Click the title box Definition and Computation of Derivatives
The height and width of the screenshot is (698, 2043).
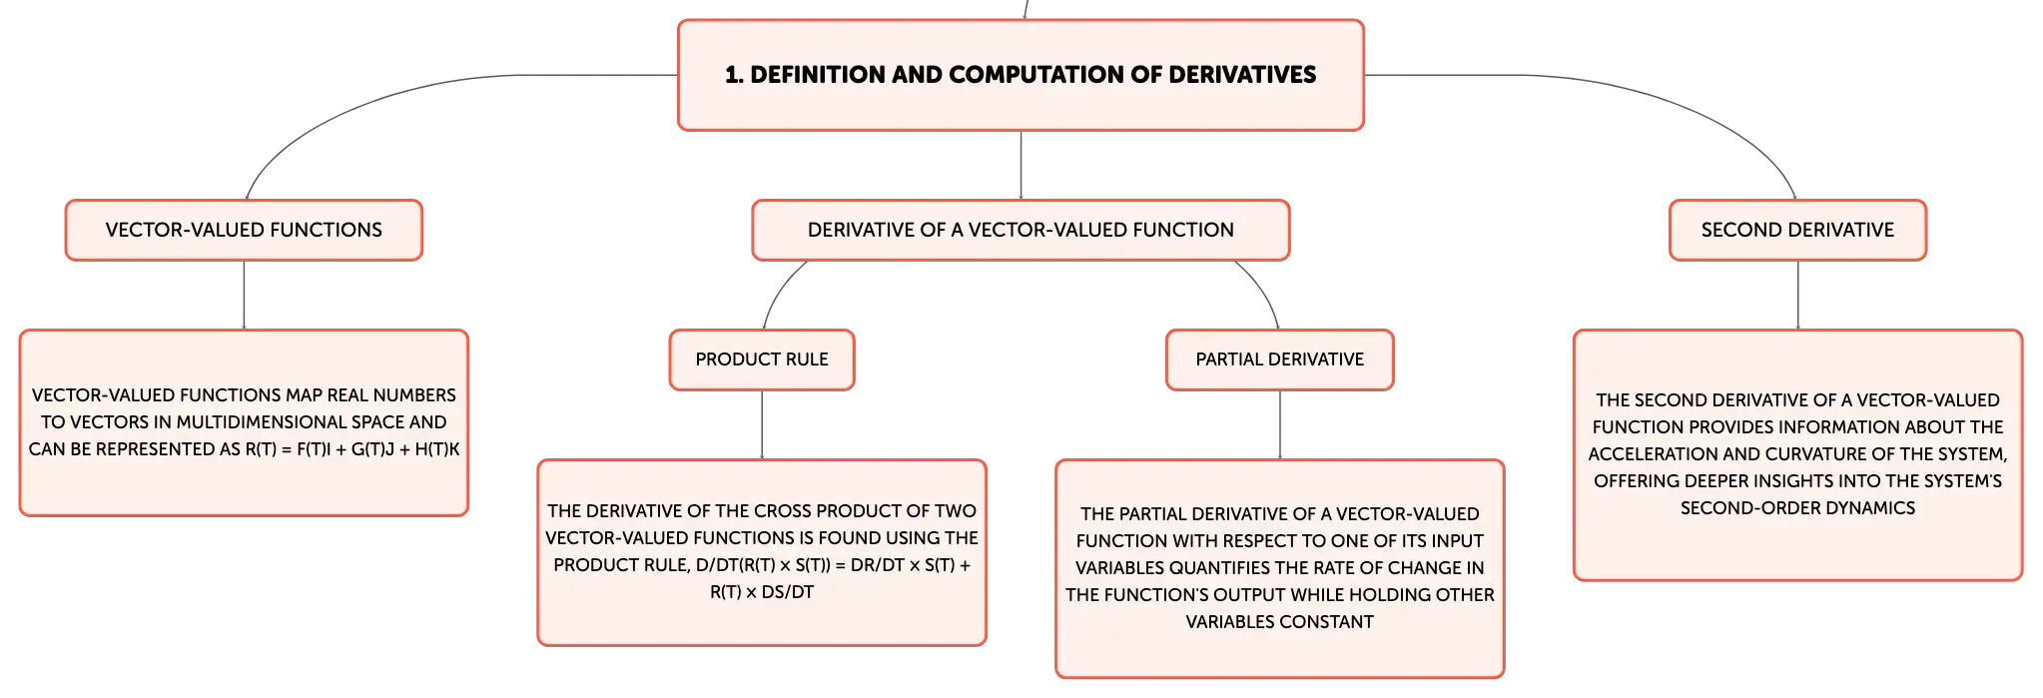[x=1021, y=75]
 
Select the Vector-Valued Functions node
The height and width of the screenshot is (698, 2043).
[x=244, y=230]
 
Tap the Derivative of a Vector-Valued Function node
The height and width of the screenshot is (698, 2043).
[x=1021, y=230]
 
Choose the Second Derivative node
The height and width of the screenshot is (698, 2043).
[x=1797, y=230]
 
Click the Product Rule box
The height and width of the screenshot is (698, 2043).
[x=762, y=359]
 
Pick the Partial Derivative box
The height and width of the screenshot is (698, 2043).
[x=1279, y=359]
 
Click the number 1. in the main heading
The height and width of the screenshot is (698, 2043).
[x=734, y=75]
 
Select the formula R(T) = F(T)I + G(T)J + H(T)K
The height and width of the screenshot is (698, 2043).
[x=352, y=449]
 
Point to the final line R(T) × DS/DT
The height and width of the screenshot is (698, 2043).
[x=762, y=592]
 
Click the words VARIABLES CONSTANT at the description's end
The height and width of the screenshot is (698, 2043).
[x=1279, y=622]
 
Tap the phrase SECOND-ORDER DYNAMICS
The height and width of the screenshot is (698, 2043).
[x=1797, y=508]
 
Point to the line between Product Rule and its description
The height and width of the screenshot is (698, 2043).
[x=762, y=424]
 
